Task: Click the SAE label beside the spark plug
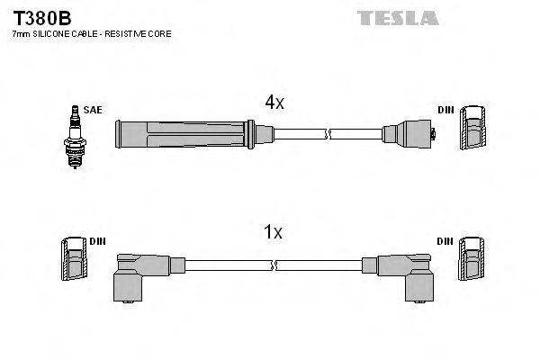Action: coord(93,110)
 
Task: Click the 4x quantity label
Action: coord(273,103)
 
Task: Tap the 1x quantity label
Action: coord(273,232)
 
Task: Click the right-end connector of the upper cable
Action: coord(409,135)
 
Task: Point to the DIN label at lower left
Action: coord(97,240)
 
